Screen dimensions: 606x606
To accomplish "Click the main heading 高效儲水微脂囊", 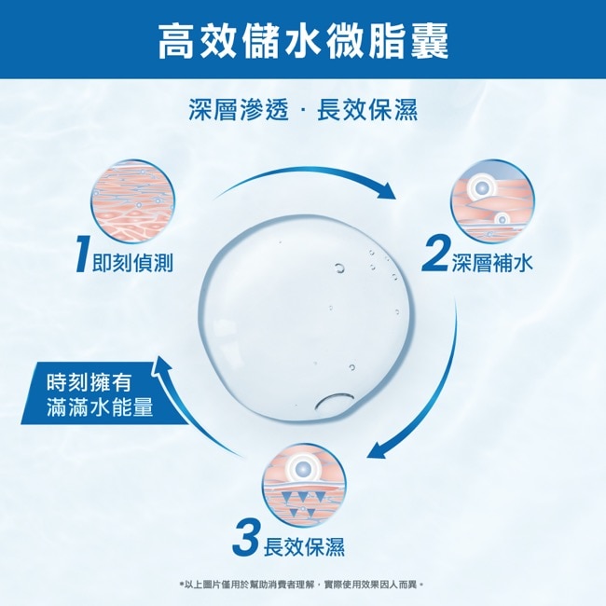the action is tap(303, 41).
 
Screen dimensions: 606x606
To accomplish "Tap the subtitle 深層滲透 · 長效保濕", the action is tap(303, 109).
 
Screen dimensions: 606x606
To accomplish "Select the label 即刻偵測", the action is tap(132, 263).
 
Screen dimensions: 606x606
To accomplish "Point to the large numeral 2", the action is tap(434, 254).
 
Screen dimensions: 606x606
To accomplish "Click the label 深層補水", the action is tap(491, 263).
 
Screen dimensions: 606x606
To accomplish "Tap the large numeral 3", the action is tap(246, 538).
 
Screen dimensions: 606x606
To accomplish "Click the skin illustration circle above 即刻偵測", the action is tap(133, 201).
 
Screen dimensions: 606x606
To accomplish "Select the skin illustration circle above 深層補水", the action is tap(492, 201).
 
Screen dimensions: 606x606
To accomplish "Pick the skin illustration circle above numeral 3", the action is tap(304, 485).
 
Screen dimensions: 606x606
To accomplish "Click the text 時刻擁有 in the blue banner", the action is tap(90, 381).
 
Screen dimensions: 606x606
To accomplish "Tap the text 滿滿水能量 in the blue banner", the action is tap(100, 407).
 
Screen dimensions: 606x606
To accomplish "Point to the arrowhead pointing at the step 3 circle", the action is tap(378, 449).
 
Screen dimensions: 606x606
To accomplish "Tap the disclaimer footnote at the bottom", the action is tap(302, 585).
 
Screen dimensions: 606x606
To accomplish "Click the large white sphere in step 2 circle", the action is tap(481, 187).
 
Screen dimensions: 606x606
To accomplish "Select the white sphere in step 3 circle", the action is tap(303, 468).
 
